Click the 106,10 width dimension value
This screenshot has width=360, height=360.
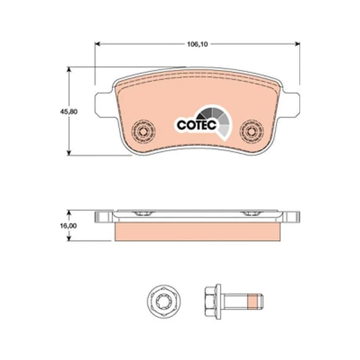[198, 44]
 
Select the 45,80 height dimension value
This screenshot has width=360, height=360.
[69, 112]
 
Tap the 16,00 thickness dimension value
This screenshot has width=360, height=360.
[68, 226]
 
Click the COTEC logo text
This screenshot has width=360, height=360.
[197, 125]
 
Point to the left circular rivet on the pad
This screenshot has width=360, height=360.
[143, 131]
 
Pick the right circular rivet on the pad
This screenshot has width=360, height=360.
[252, 131]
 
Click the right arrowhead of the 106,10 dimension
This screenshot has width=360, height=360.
[297, 44]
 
